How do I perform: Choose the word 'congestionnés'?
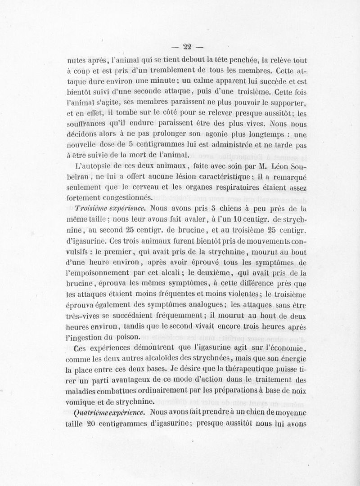pyautogui.click(x=127, y=198)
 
